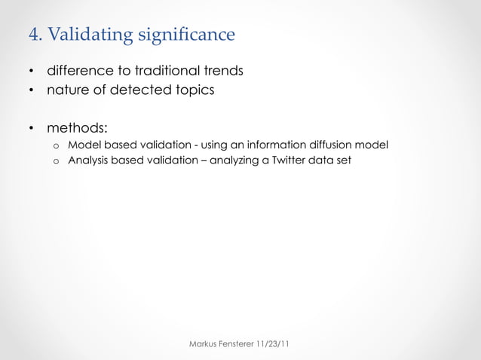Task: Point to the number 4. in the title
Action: click(x=35, y=35)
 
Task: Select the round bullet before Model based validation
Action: click(x=55, y=145)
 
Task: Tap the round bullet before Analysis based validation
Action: click(x=55, y=161)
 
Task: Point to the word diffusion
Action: click(x=334, y=145)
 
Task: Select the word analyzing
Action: click(x=233, y=161)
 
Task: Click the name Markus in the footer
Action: click(x=202, y=344)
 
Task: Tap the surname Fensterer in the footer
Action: click(x=240, y=344)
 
